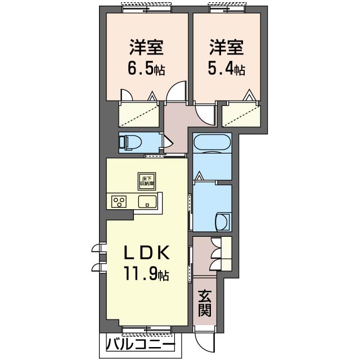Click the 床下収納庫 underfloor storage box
coord(147,181)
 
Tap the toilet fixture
coord(131,142)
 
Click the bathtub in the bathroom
coord(211,143)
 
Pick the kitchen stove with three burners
coord(119,201)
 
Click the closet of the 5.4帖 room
coord(240,116)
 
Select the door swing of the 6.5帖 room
coord(178,91)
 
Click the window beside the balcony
coord(146,328)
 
